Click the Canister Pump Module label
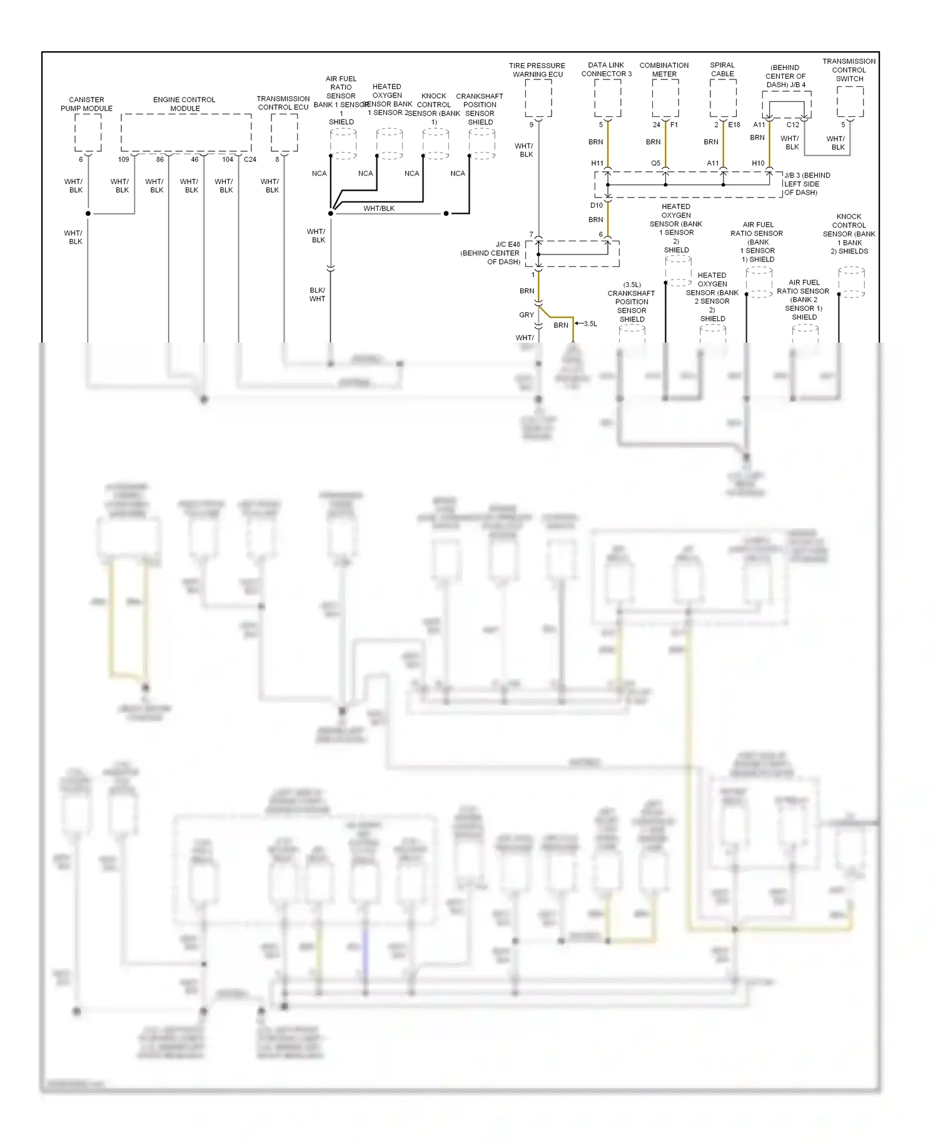coord(86,104)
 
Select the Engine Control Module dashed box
coord(186,133)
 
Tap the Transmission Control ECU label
coord(283,103)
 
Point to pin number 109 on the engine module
coord(124,159)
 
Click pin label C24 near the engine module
coord(250,159)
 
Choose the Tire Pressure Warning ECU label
coord(537,70)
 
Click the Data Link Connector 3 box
coord(607,98)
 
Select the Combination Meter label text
coord(664,69)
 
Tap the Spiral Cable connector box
coord(723,98)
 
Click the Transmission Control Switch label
coord(849,70)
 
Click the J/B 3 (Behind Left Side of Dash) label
coord(808,184)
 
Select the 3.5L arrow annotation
coord(586,324)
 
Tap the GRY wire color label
coord(527,315)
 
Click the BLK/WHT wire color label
coord(318,295)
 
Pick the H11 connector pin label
coord(598,163)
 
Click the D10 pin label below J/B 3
coord(597,205)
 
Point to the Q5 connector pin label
coord(655,163)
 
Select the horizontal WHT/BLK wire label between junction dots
coord(379,208)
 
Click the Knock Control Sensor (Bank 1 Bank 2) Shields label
coord(849,234)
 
